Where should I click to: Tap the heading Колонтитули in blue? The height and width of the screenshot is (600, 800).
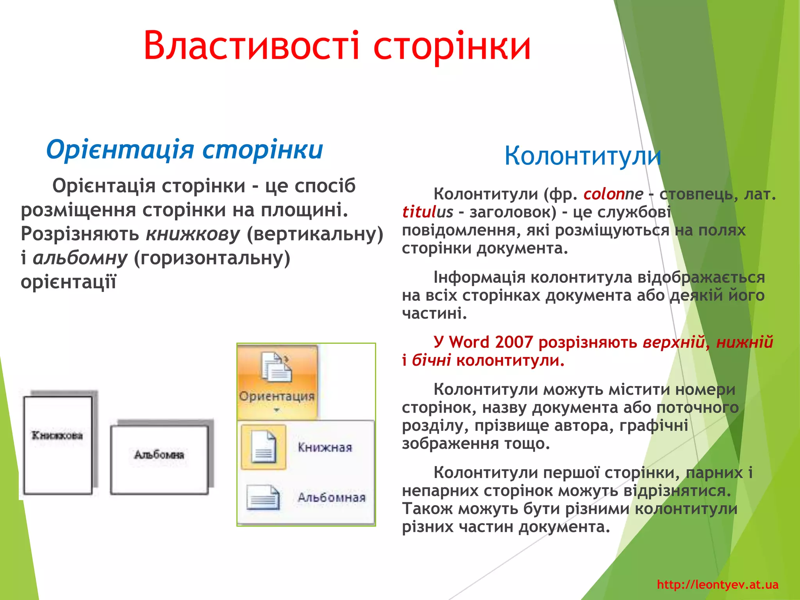point(582,156)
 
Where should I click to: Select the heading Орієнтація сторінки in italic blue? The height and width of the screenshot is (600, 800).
point(184,150)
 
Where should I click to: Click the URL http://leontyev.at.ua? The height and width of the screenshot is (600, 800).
point(718,584)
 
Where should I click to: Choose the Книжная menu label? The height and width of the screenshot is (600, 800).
point(325,447)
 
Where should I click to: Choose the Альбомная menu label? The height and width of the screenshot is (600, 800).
point(331,497)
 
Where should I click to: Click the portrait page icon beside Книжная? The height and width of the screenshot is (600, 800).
point(264,446)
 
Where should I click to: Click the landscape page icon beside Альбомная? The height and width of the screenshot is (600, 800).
point(263,497)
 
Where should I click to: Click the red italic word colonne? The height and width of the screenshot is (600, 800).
point(613,194)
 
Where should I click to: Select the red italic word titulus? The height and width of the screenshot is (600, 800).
point(427,212)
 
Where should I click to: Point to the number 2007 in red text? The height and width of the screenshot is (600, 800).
point(514,342)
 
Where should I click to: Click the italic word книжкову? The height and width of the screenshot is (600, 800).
point(193,234)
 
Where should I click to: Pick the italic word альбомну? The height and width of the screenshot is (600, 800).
point(80,258)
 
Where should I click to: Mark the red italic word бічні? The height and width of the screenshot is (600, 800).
point(431,360)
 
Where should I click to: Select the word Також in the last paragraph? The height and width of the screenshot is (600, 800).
point(427,509)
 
